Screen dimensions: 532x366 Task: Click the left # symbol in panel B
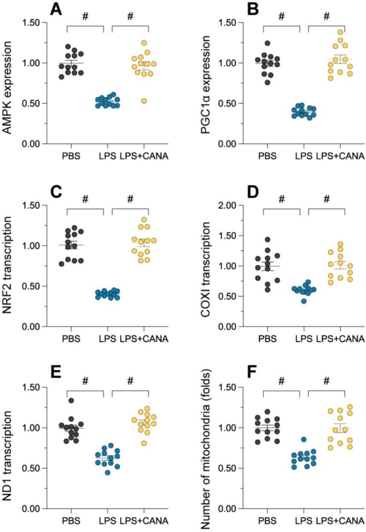[281, 17]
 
